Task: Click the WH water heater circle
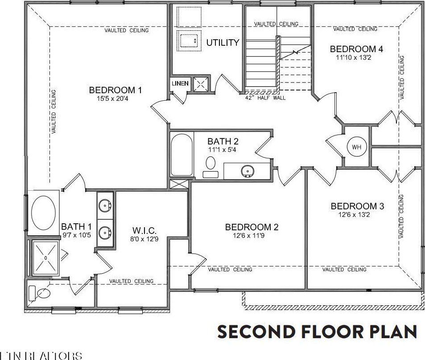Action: [x=356, y=147]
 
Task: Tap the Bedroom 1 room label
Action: [x=115, y=90]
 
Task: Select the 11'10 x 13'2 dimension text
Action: [x=356, y=57]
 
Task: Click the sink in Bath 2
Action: [x=247, y=170]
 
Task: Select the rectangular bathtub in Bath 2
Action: [x=182, y=155]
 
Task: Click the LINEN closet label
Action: [x=180, y=83]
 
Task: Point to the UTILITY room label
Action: [x=223, y=43]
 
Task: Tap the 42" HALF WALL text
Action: [x=265, y=98]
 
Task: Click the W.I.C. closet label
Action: [x=144, y=230]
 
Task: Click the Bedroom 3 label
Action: [x=357, y=206]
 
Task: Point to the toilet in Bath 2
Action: [x=210, y=164]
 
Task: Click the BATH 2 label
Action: [x=223, y=142]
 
